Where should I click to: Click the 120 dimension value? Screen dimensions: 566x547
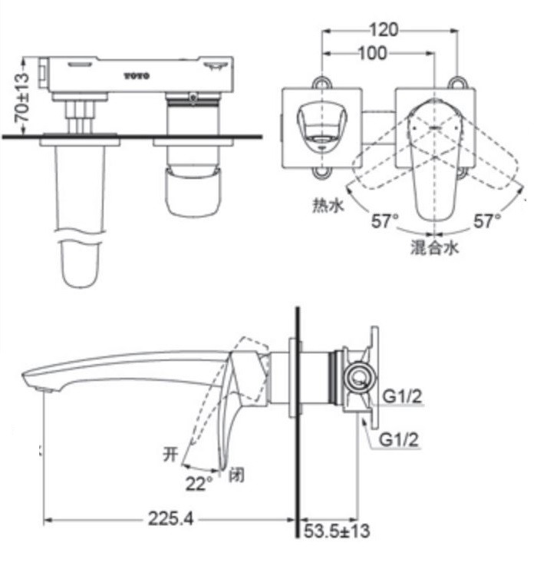coord(384,30)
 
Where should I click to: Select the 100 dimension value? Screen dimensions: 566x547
coord(374,53)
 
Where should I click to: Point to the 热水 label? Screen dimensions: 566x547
coord(326,205)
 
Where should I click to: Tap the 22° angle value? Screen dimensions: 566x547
coord(199,483)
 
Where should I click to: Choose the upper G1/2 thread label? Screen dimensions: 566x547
coord(403,396)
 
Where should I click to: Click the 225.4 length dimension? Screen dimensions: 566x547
coord(169,520)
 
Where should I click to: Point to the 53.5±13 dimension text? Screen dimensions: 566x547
coord(339,530)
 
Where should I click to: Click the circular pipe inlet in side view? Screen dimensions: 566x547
coord(357,377)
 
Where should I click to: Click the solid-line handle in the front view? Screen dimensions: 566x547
coord(434,157)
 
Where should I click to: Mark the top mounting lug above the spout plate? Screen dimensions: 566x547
coord(321,81)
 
